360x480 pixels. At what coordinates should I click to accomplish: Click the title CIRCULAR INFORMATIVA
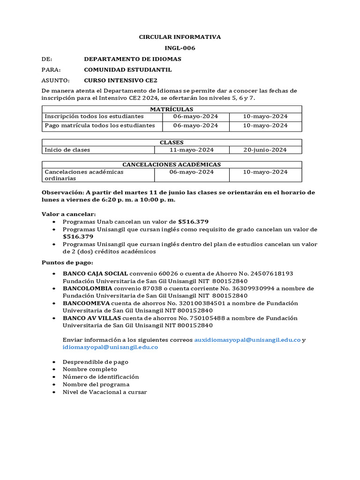[x=180, y=37]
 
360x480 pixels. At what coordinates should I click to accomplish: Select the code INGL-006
[x=180, y=48]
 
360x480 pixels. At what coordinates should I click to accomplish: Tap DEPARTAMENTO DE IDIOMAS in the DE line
[x=132, y=59]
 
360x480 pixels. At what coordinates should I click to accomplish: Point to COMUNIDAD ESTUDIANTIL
[x=127, y=70]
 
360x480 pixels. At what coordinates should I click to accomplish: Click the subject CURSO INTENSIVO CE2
[x=120, y=80]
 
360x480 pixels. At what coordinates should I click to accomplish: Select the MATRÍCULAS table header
[x=172, y=109]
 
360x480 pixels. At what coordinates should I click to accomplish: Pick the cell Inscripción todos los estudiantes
[x=94, y=116]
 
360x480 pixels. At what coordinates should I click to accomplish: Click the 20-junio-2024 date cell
[x=265, y=150]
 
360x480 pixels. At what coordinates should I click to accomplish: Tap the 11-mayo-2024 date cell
[x=191, y=150]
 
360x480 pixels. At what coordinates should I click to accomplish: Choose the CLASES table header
[x=172, y=142]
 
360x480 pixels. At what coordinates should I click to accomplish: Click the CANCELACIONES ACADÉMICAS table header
[x=172, y=165]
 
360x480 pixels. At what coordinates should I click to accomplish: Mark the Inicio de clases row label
[x=67, y=150]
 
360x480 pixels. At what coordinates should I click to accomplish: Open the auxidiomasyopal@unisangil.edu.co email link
[x=247, y=340]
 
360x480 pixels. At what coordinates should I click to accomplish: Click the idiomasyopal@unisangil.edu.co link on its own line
[x=110, y=347]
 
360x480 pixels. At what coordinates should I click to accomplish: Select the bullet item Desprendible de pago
[x=95, y=362]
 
